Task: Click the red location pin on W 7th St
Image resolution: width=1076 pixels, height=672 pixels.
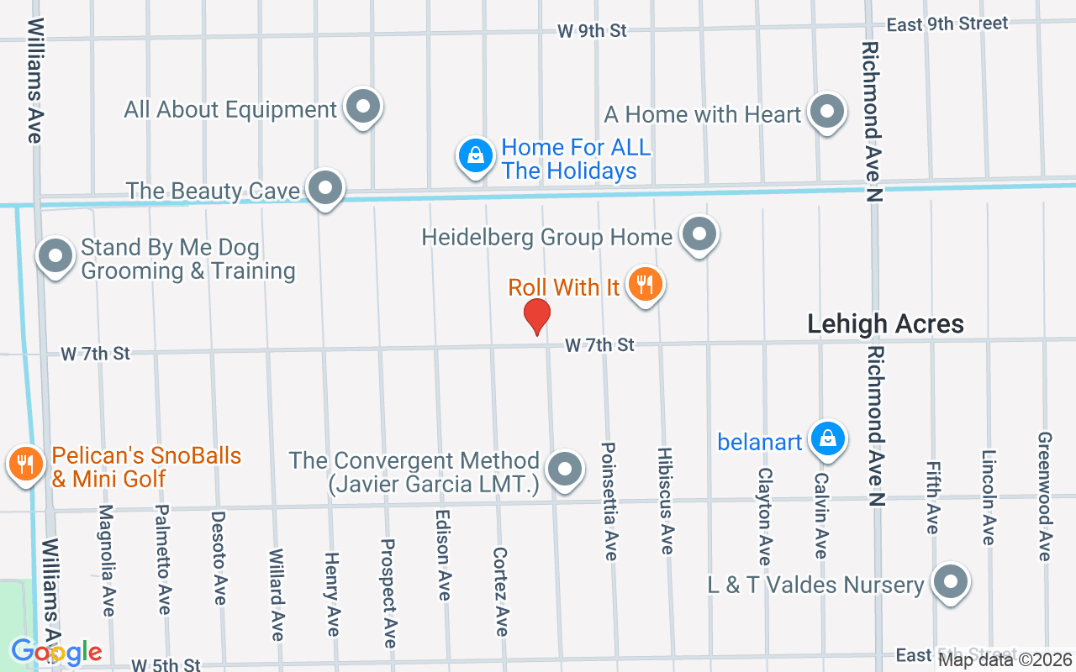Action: click(x=536, y=317)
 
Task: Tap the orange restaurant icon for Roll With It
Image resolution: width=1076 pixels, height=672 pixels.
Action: click(x=645, y=286)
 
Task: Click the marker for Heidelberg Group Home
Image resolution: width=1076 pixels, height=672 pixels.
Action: click(x=699, y=235)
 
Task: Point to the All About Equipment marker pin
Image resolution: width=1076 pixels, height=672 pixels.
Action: click(x=363, y=108)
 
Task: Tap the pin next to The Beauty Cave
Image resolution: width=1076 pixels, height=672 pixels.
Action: click(x=324, y=189)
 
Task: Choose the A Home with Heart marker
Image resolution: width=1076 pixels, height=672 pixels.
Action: click(x=826, y=112)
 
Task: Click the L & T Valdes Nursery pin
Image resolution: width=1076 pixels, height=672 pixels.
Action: click(x=951, y=582)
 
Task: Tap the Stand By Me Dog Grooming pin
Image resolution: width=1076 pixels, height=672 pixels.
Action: click(x=56, y=256)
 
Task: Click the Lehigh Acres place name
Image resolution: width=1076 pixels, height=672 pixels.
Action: click(x=885, y=324)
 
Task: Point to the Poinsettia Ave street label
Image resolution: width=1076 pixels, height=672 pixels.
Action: click(x=609, y=501)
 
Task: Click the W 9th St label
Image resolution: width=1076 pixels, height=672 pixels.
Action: click(x=593, y=31)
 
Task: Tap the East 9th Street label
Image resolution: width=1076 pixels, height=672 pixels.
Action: click(x=947, y=24)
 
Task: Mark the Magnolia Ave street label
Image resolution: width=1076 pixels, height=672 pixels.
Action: click(x=106, y=559)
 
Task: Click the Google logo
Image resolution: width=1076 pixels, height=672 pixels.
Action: click(x=55, y=651)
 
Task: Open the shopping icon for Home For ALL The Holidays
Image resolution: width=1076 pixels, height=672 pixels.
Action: click(x=476, y=155)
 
